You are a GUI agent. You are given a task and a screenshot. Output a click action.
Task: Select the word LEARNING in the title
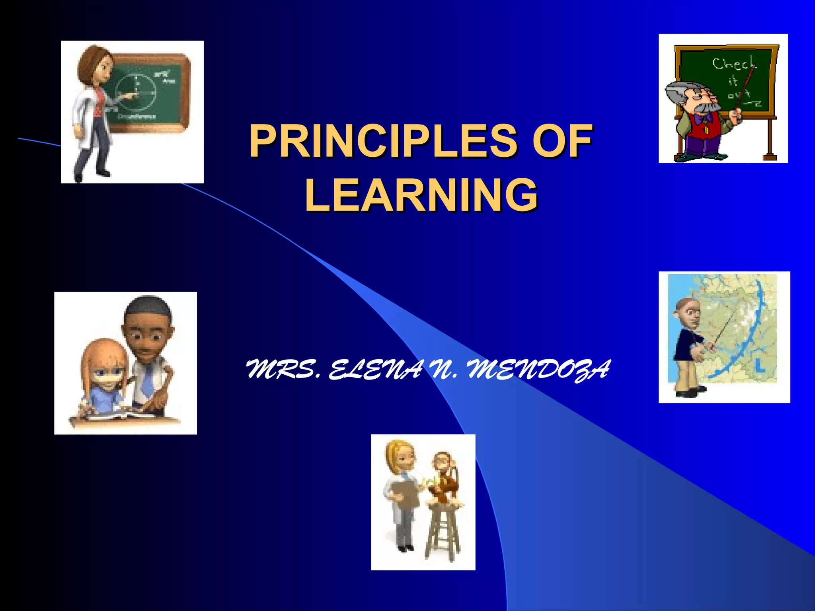point(421,195)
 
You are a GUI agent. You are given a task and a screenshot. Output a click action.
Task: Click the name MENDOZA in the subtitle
point(538,370)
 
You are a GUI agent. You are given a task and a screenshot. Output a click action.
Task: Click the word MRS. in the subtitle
point(283,370)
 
